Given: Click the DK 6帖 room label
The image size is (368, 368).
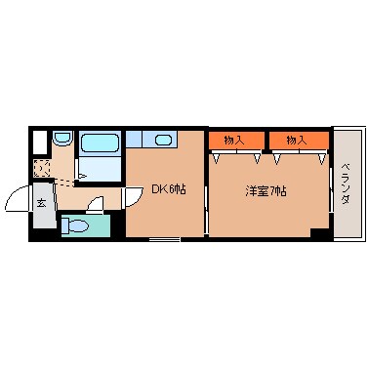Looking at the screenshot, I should (x=168, y=188).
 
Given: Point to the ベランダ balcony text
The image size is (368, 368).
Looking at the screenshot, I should (x=346, y=184).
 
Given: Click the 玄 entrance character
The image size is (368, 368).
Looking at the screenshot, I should (x=42, y=204).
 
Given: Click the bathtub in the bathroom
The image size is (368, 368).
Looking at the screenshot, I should (x=99, y=143).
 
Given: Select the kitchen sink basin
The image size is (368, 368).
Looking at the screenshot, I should (x=164, y=139).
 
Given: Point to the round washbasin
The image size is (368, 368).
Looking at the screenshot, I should (x=61, y=139).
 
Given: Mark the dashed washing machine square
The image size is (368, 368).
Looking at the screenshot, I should (x=42, y=167).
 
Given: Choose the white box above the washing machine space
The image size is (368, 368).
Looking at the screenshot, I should (x=40, y=141).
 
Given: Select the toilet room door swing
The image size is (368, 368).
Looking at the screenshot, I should (x=96, y=205).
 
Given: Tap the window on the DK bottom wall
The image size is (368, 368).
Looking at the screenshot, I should (x=164, y=239).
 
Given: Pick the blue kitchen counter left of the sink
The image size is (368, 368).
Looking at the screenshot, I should (x=138, y=139).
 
